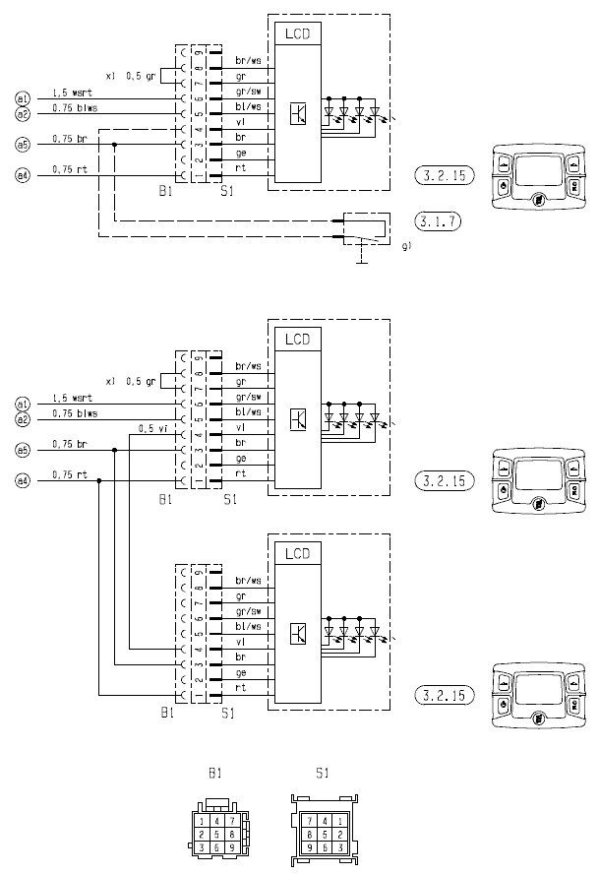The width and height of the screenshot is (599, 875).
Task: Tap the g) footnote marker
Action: point(406,248)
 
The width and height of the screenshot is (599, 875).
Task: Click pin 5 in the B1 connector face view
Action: point(216,834)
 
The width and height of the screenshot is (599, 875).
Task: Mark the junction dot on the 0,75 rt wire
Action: point(99,480)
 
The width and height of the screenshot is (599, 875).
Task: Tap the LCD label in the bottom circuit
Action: point(297,554)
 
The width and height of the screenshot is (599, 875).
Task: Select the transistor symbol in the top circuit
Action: point(298,113)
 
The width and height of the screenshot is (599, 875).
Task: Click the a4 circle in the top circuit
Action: point(24,176)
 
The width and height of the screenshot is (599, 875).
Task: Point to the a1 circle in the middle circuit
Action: point(24,403)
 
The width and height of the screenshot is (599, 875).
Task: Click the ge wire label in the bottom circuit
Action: point(240,672)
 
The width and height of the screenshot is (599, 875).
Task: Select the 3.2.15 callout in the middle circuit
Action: point(443,480)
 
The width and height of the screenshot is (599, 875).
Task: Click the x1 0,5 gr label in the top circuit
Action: point(131,76)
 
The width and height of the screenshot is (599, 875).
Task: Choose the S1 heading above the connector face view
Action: point(322,774)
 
